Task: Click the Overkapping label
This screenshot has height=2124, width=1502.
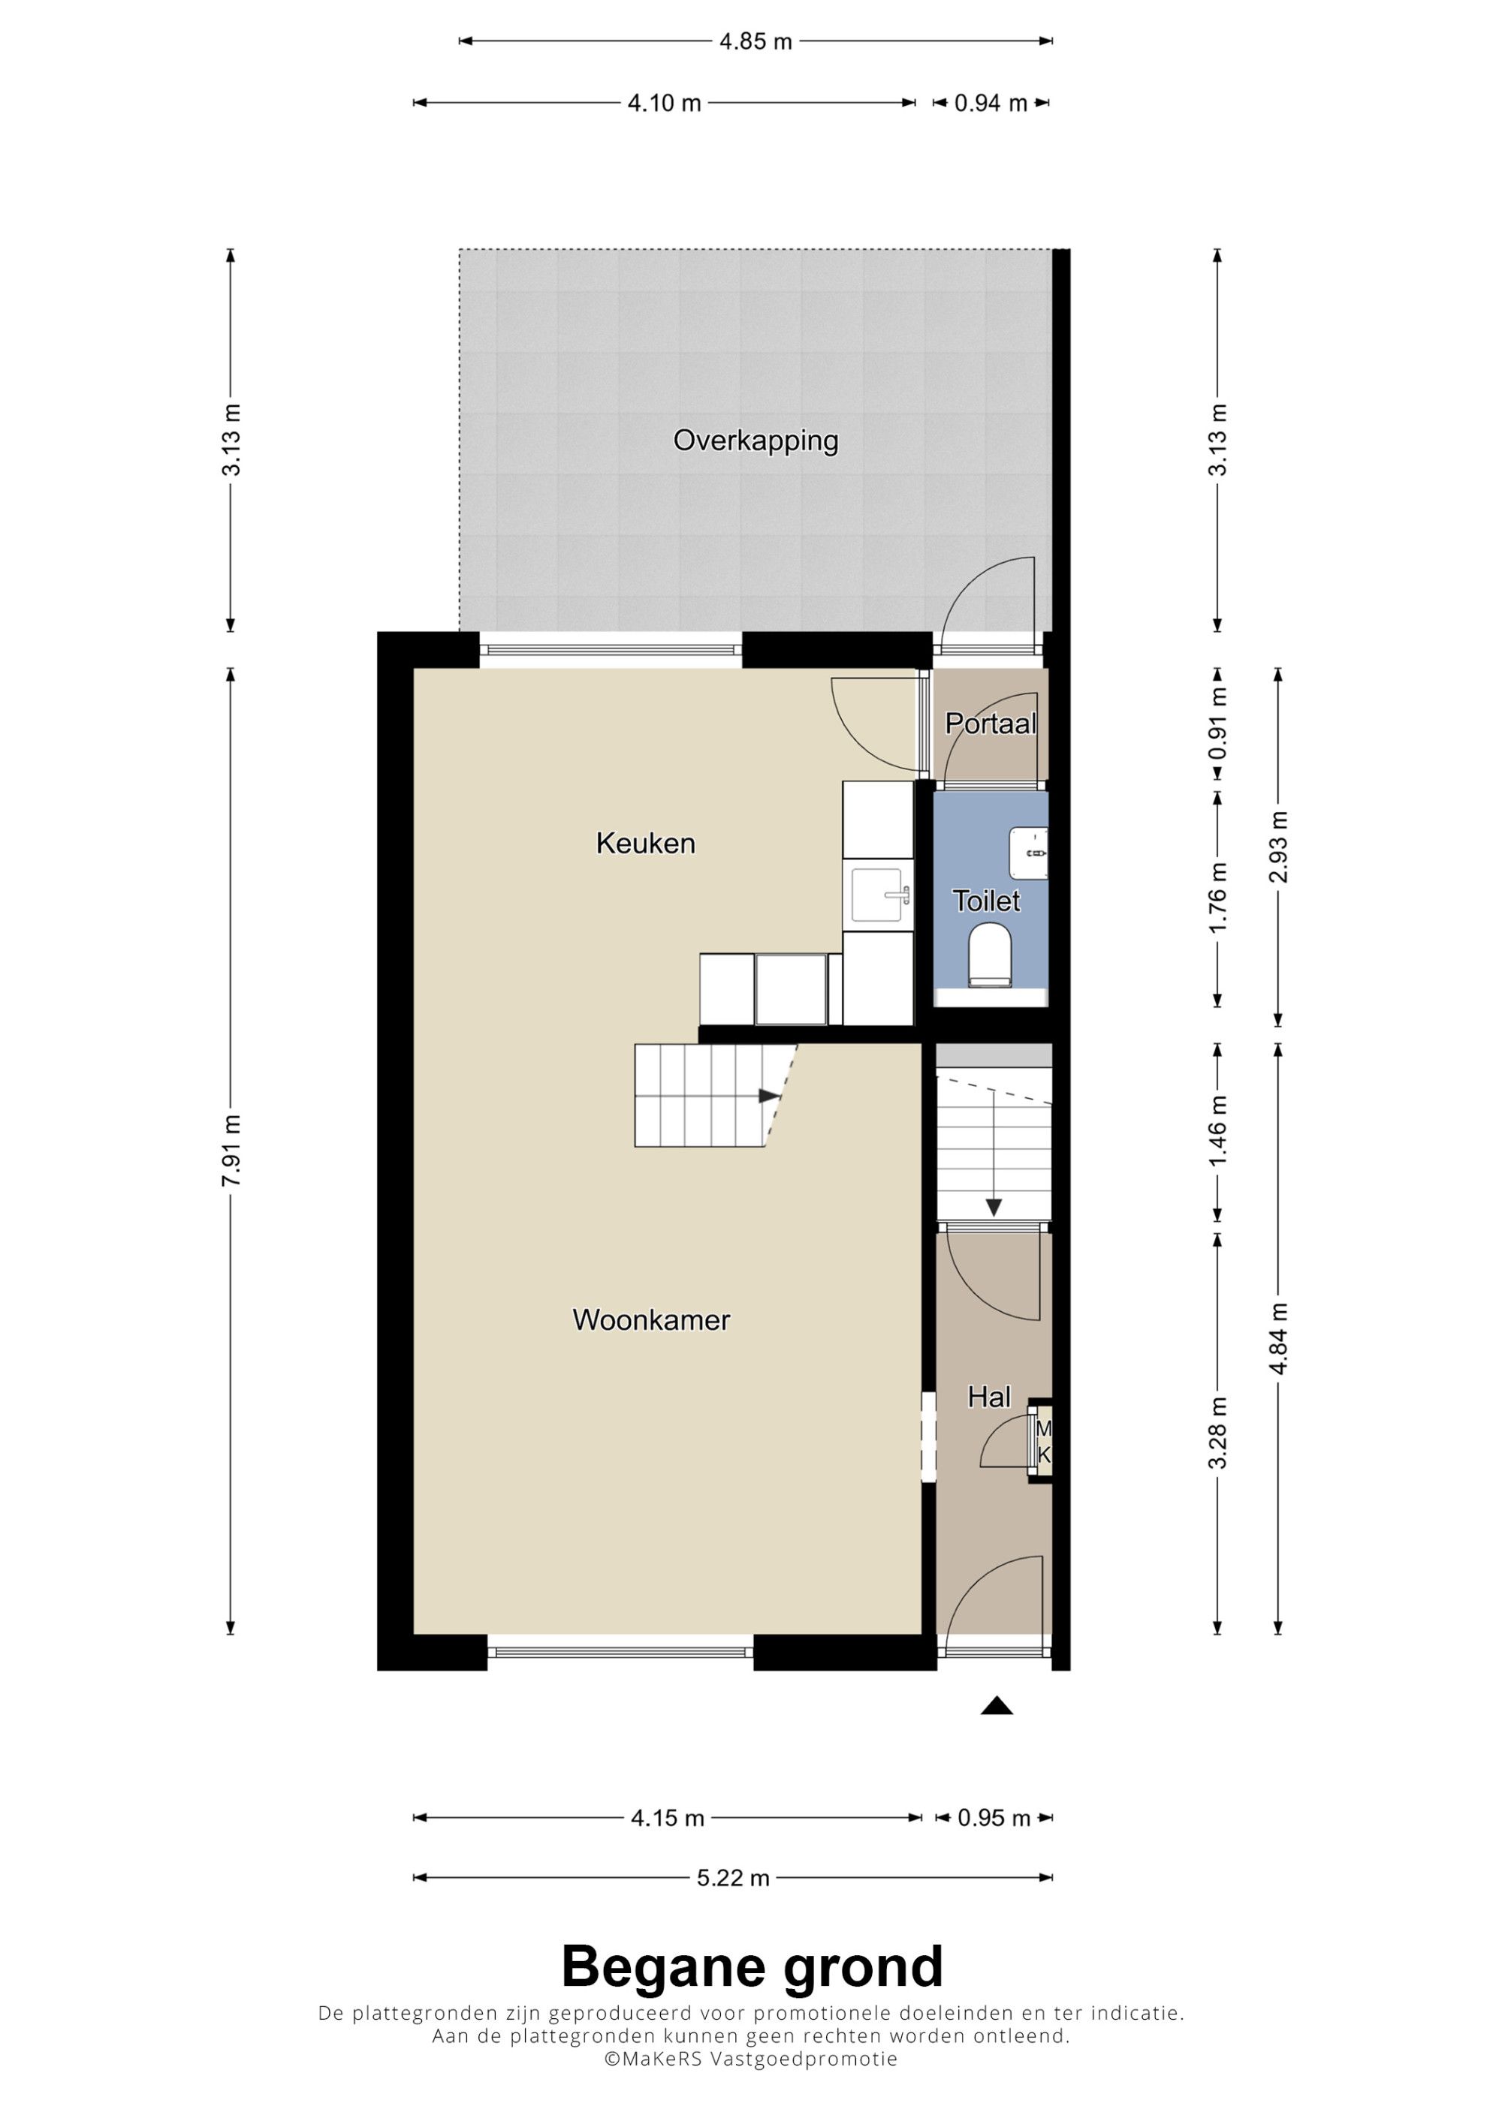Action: (756, 441)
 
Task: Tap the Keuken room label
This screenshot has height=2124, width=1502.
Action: (645, 843)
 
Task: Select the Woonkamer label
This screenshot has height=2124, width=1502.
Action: (652, 1319)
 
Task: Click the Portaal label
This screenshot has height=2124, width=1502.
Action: (991, 724)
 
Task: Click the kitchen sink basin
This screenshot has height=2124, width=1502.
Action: (877, 895)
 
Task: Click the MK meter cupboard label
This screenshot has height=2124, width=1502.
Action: (1044, 1443)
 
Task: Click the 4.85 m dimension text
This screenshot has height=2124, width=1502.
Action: (756, 41)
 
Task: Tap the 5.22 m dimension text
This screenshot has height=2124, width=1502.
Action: (733, 1877)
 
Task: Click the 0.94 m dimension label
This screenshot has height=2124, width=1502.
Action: (991, 104)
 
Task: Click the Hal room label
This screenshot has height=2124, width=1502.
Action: (988, 1396)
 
